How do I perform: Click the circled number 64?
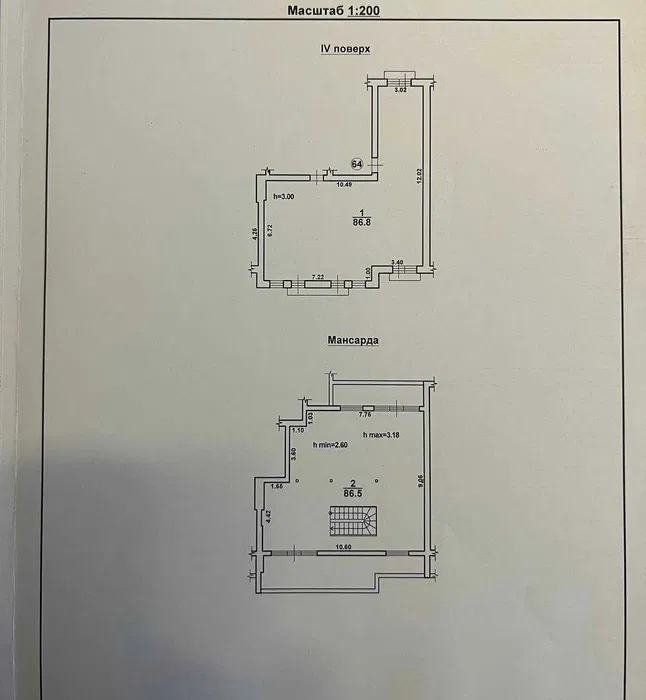click(356, 164)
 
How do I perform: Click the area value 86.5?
click(351, 493)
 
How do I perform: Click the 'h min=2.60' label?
click(331, 444)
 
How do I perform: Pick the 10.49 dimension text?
click(344, 184)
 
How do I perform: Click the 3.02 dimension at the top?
click(399, 91)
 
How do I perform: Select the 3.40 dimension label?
click(397, 262)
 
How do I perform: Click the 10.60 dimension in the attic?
click(345, 547)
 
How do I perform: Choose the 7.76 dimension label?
click(364, 413)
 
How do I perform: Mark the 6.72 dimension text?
click(270, 229)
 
